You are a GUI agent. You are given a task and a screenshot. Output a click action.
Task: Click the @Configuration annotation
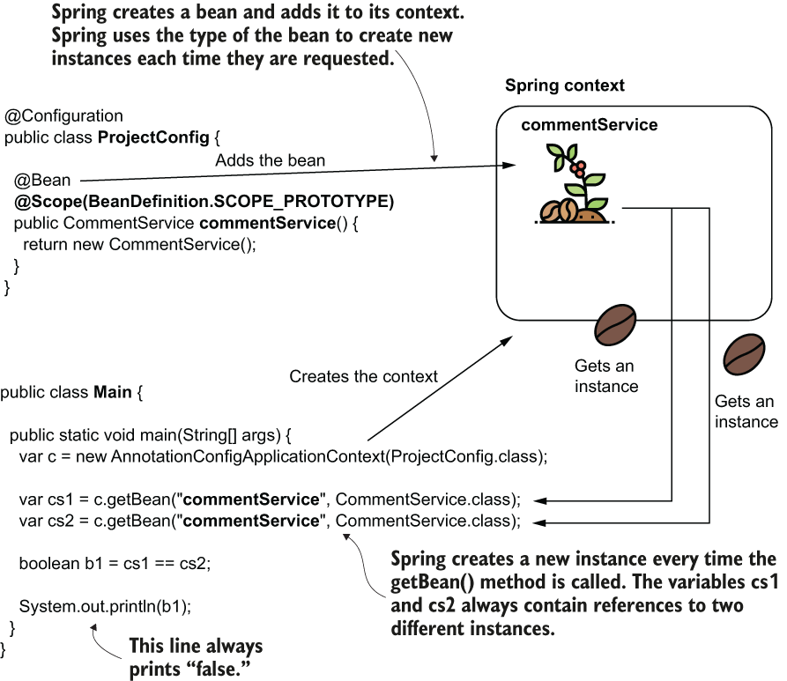(64, 116)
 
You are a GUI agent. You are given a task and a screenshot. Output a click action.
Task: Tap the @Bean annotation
(41, 181)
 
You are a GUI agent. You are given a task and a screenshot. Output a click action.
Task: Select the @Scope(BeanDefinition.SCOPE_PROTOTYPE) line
(204, 202)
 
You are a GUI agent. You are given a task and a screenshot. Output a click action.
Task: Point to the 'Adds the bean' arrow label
(270, 160)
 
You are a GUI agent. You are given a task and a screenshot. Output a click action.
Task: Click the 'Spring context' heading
(564, 85)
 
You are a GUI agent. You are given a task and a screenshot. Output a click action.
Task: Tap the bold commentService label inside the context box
(589, 125)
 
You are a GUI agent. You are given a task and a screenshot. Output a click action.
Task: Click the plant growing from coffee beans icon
(572, 186)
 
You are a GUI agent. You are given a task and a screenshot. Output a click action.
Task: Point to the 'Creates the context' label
(363, 376)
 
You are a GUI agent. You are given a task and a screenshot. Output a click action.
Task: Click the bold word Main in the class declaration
(112, 391)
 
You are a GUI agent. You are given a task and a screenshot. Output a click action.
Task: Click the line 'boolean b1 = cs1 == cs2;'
(115, 563)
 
